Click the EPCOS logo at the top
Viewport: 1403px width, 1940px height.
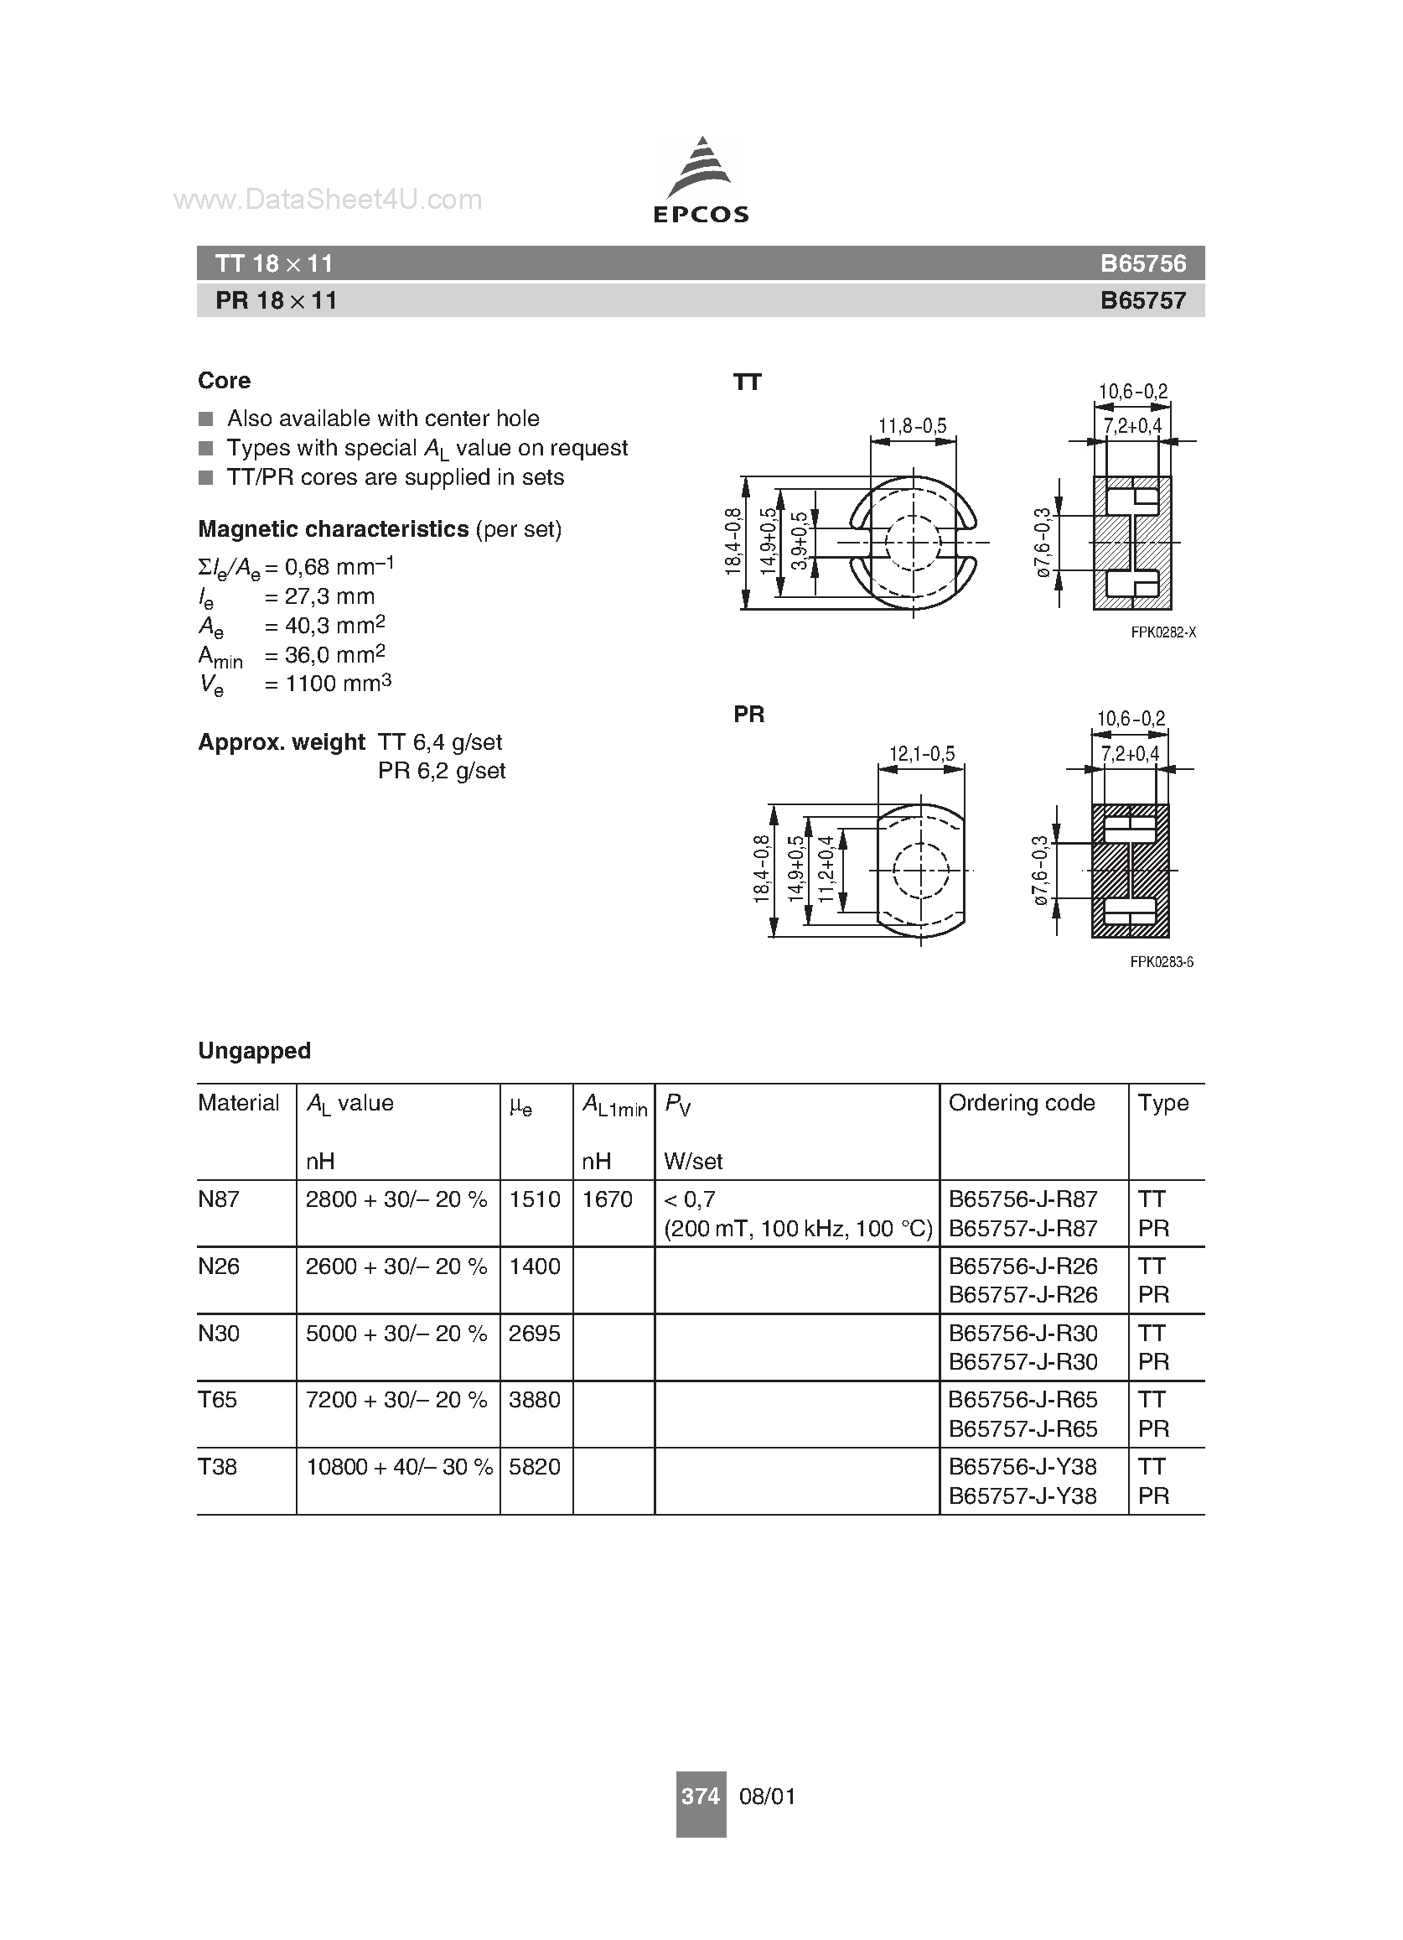pyautogui.click(x=701, y=180)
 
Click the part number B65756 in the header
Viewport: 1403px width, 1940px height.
pyautogui.click(x=1143, y=263)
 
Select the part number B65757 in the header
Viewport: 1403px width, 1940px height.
pyautogui.click(x=1143, y=300)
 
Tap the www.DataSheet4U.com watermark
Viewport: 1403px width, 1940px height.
pyautogui.click(x=328, y=200)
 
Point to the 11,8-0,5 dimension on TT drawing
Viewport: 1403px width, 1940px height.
pyautogui.click(x=912, y=425)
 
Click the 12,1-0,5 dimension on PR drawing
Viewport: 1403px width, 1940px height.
pyautogui.click(x=922, y=753)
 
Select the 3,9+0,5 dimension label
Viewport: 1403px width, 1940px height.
pyautogui.click(x=800, y=542)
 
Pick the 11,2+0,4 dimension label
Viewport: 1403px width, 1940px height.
pyautogui.click(x=825, y=869)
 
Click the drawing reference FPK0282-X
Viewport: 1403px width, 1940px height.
pyautogui.click(x=1162, y=632)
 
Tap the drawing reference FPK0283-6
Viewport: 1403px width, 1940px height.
pyautogui.click(x=1162, y=961)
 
